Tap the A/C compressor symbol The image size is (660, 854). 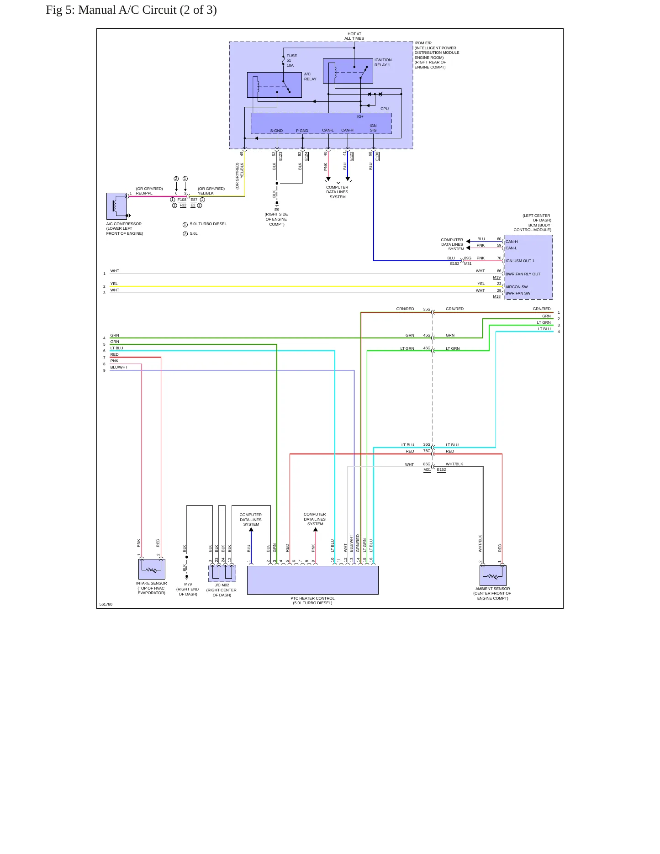[117, 206]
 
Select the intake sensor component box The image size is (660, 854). [152, 569]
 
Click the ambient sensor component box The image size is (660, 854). [493, 575]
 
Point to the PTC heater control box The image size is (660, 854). [313, 580]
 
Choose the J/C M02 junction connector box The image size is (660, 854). [222, 573]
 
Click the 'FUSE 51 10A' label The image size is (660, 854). [291, 61]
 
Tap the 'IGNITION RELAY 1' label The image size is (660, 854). [383, 62]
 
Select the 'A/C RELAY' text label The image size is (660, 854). [310, 76]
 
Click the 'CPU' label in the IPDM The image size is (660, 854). [385, 109]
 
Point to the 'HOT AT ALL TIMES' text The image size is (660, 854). [354, 36]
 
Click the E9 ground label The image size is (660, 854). [277, 210]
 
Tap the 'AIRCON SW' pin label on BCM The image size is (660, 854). [517, 287]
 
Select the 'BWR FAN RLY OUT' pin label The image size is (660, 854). [523, 274]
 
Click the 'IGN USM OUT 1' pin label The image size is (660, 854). [520, 261]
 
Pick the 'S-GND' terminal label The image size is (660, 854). [276, 131]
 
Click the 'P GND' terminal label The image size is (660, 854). [302, 131]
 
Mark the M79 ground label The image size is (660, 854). [188, 584]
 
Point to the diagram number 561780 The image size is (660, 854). [106, 604]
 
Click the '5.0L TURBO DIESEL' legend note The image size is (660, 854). [208, 224]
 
